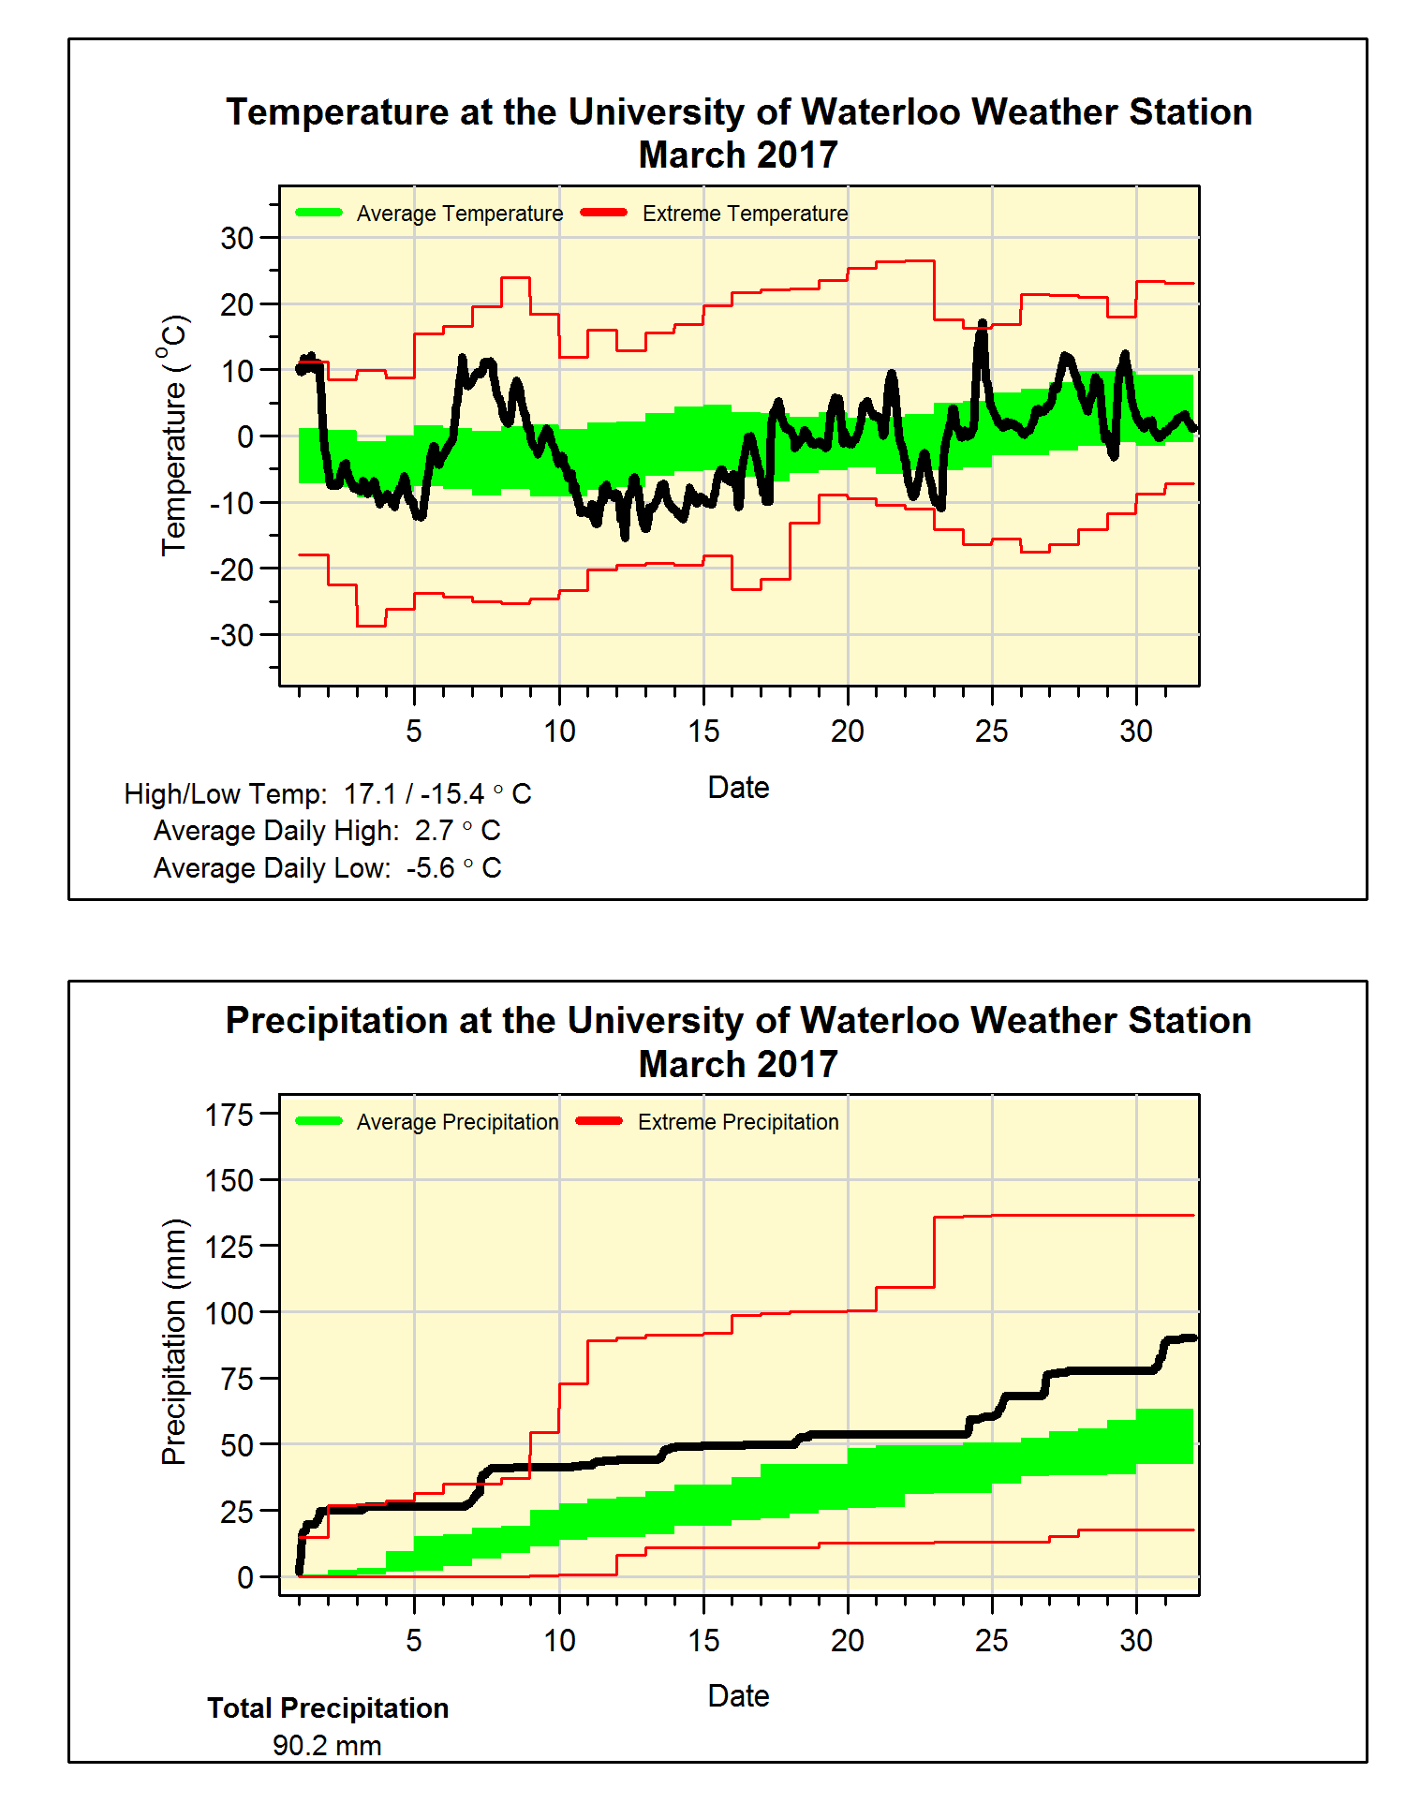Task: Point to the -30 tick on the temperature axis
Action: pos(231,635)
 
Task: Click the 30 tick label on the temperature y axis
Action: pos(236,238)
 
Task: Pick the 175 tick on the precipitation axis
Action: pos(229,1115)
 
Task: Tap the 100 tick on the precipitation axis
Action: pos(229,1313)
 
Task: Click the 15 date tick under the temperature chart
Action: pos(703,731)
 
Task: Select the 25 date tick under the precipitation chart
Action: pos(992,1640)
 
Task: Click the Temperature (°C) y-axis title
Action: pos(174,436)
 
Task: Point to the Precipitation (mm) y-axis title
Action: pos(174,1341)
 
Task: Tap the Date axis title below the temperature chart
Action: pos(738,788)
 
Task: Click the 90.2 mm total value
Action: pos(327,1746)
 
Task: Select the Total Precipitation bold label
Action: pos(328,1708)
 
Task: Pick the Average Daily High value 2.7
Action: pos(434,831)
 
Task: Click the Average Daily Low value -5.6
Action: pos(430,868)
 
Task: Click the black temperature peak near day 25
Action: pos(983,324)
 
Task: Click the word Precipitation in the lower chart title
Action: pos(336,1021)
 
